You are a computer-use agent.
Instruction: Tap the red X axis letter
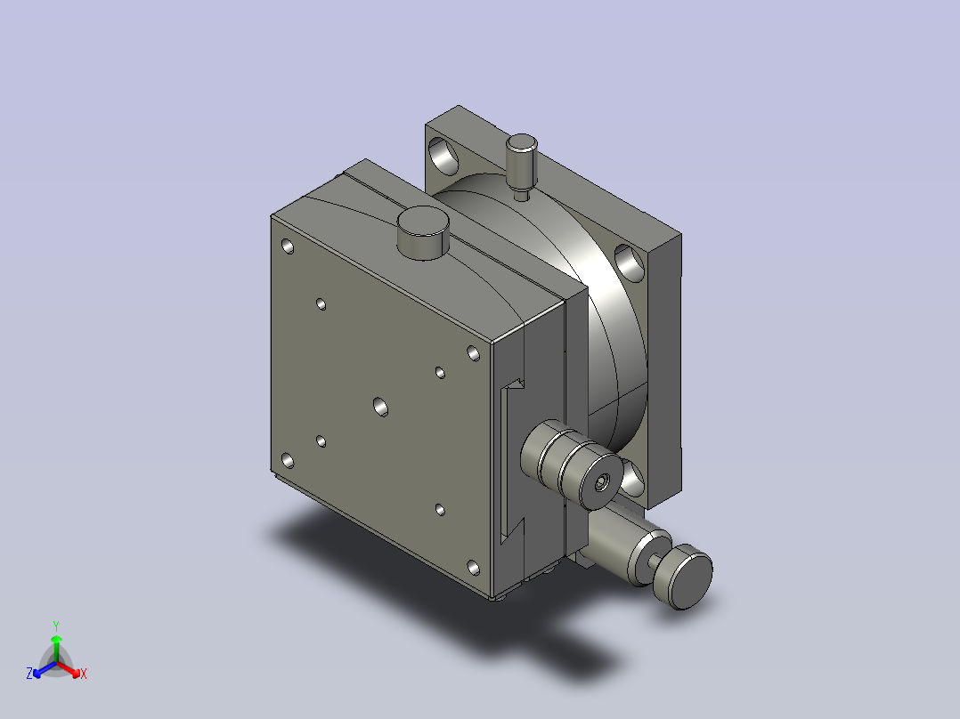point(84,674)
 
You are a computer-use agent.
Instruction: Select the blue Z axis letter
point(29,674)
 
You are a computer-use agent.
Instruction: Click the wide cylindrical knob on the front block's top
point(423,233)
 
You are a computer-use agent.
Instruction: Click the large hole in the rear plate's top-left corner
point(443,155)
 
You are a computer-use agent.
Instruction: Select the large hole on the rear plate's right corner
point(630,263)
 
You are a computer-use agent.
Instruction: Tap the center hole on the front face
point(380,407)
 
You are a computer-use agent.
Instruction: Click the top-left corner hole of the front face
point(287,246)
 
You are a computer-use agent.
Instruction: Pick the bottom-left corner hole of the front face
point(287,460)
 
